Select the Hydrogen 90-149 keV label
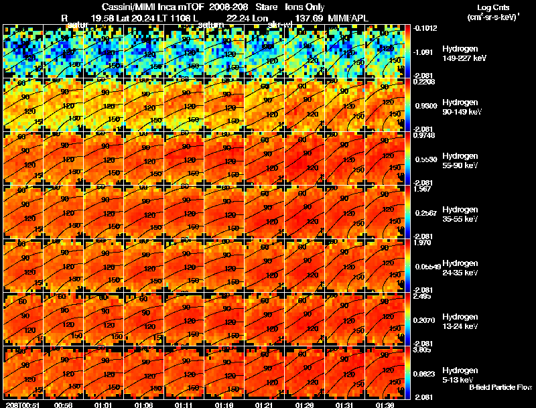tap(462, 107)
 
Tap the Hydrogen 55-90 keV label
tap(460, 160)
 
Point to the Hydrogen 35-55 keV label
tap(460, 214)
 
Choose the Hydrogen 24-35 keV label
tap(460, 267)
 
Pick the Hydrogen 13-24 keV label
tap(460, 321)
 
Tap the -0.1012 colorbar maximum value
tap(425, 28)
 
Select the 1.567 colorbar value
tap(423, 190)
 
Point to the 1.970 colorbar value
tap(423, 243)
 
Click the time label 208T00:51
tap(21, 405)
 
